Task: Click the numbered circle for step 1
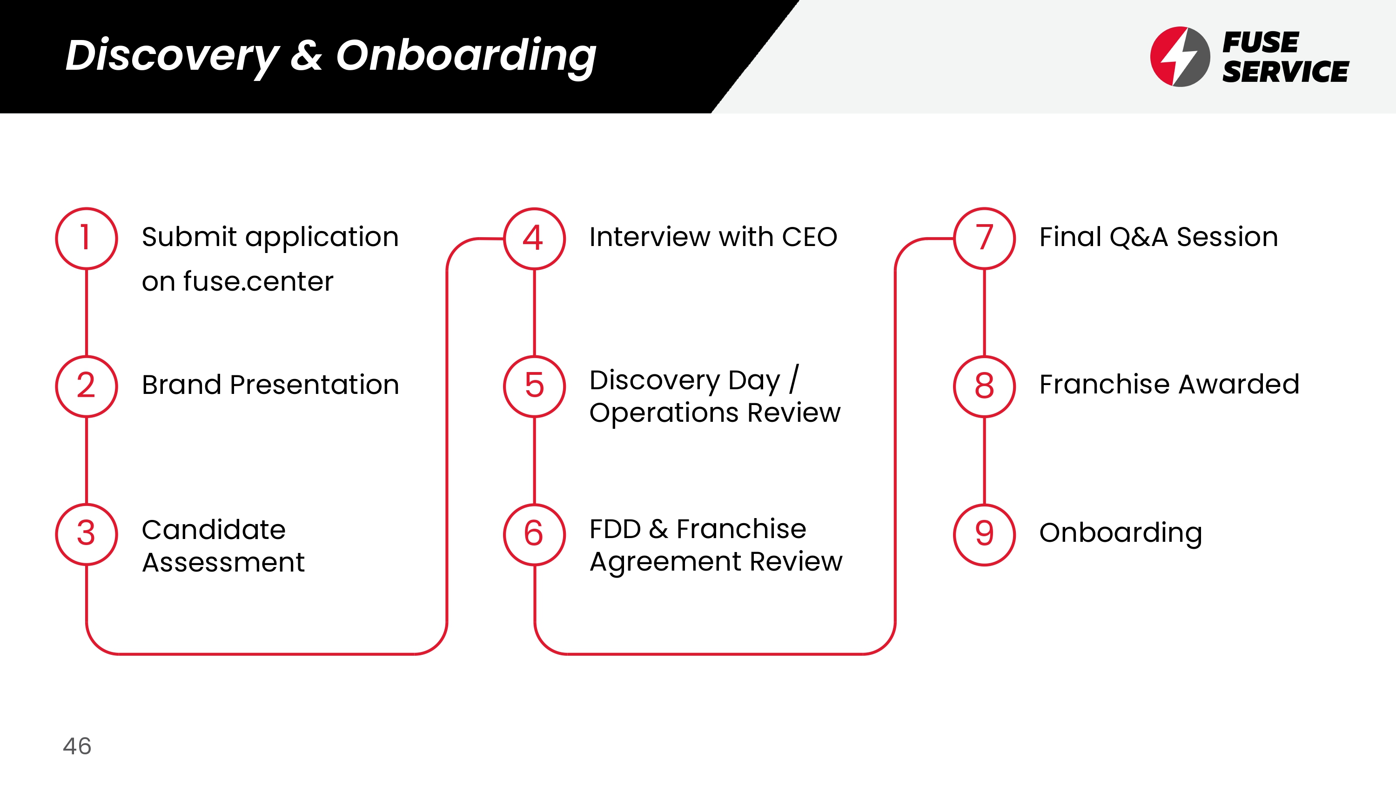86,239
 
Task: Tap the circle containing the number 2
86,386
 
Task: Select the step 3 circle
86,534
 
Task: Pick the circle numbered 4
534,239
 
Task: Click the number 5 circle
534,386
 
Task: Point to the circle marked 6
534,534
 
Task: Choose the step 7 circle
984,239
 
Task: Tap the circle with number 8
984,386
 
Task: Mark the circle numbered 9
984,534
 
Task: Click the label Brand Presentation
270,385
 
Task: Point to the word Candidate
214,529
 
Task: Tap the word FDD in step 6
615,529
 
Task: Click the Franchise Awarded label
1169,384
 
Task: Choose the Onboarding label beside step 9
1120,533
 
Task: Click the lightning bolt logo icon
1180,56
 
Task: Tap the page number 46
77,746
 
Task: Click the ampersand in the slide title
306,55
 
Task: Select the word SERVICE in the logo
1285,72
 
